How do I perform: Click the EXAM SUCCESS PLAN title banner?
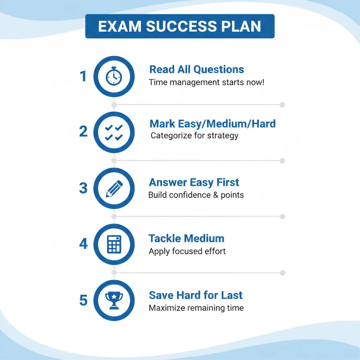tap(180, 26)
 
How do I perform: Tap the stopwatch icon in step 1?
tap(114, 76)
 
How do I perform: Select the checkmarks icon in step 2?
tap(114, 133)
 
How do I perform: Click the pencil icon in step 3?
tap(114, 189)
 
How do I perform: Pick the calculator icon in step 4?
tap(114, 244)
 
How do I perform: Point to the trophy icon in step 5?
tap(114, 301)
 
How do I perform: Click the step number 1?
tap(83, 76)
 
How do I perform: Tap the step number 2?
tap(83, 131)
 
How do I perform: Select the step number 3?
tap(83, 188)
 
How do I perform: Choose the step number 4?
tap(83, 244)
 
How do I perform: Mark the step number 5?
tap(83, 300)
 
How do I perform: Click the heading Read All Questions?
tap(197, 70)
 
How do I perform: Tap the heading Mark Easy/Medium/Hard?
tap(213, 124)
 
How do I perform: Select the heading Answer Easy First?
tap(194, 182)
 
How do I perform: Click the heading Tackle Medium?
tap(186, 238)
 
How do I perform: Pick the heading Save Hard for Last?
tap(195, 295)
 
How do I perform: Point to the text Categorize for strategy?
tap(194, 136)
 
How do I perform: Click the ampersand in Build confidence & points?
tap(216, 195)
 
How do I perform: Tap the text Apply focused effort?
tap(187, 251)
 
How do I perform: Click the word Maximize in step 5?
tap(166, 308)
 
